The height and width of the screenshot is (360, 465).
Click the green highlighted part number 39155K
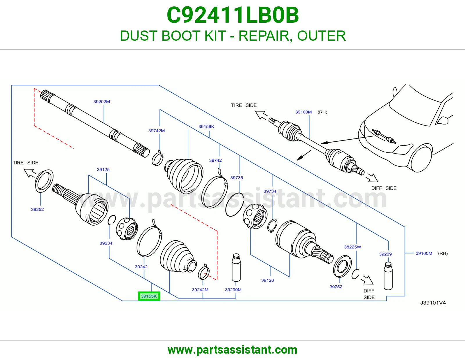pyautogui.click(x=149, y=296)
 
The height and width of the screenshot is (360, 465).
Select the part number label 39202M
pyautogui.click(x=102, y=102)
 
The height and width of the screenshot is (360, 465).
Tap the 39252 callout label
pyautogui.click(x=37, y=210)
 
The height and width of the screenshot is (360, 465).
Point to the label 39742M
pyautogui.click(x=157, y=131)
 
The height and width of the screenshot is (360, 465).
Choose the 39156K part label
pyautogui.click(x=206, y=127)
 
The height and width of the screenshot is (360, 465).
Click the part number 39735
pyautogui.click(x=237, y=178)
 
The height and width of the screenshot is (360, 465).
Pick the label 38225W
pyautogui.click(x=353, y=247)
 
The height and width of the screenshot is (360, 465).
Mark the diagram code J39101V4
pyautogui.click(x=433, y=303)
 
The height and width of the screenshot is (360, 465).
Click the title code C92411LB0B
pyautogui.click(x=233, y=15)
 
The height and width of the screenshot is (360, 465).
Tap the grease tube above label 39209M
pyautogui.click(x=236, y=267)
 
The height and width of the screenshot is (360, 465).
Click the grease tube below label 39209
pyautogui.click(x=388, y=276)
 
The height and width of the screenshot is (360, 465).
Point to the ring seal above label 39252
pyautogui.click(x=44, y=181)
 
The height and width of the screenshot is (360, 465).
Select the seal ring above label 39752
pyautogui.click(x=342, y=266)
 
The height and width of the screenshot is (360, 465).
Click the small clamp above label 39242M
pyautogui.click(x=204, y=272)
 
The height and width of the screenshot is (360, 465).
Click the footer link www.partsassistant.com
pyautogui.click(x=233, y=350)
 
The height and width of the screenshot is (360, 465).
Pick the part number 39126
pyautogui.click(x=267, y=280)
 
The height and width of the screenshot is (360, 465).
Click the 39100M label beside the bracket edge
pyautogui.click(x=424, y=253)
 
